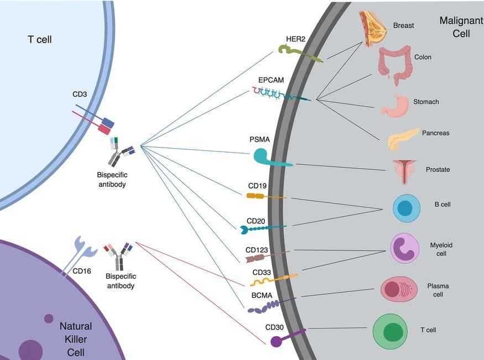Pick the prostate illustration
(404, 171)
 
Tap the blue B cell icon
(406, 208)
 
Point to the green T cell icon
(393, 332)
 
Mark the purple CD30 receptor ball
(276, 341)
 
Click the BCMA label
(262, 295)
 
